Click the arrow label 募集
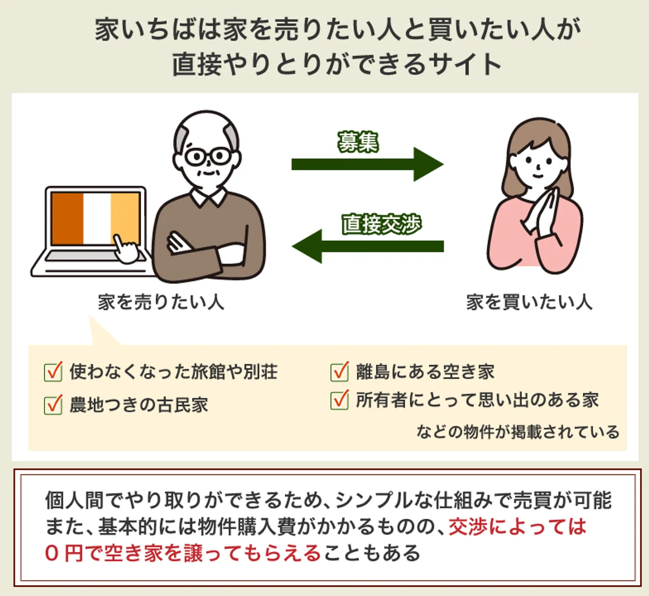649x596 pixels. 358,142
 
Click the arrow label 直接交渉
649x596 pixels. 381,224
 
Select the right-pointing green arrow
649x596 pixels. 367,164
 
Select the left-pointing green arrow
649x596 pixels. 367,246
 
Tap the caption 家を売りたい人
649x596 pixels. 161,302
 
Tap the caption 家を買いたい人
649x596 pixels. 529,302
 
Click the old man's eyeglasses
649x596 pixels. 208,157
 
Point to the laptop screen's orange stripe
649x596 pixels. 67,218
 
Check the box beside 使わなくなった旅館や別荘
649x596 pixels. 53,372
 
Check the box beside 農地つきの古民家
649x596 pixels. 53,405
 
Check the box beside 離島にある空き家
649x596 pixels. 339,372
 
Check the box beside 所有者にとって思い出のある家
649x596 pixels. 339,400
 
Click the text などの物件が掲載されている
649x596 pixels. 518,432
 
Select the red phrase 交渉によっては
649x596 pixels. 517,527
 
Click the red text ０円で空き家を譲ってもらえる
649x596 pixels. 183,553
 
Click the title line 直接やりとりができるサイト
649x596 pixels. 337,64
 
